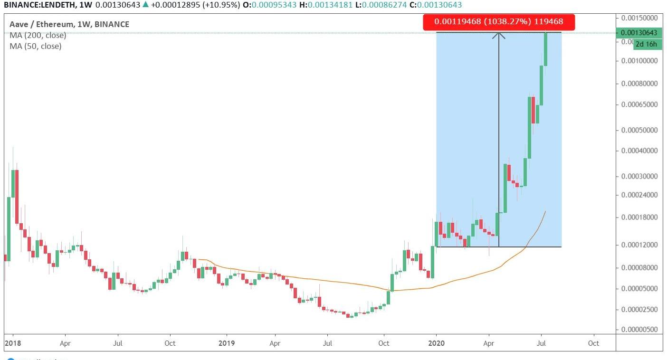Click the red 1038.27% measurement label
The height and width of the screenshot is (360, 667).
pyautogui.click(x=499, y=22)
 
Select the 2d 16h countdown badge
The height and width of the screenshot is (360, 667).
pyautogui.click(x=647, y=44)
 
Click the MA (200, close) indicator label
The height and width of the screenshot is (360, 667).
pyautogui.click(x=38, y=35)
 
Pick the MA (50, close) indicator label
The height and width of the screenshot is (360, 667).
pyautogui.click(x=36, y=46)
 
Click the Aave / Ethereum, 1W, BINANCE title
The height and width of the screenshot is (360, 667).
pyautogui.click(x=69, y=24)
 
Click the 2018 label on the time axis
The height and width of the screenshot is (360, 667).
pyautogui.click(x=12, y=343)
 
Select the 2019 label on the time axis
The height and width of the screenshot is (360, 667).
pyautogui.click(x=226, y=343)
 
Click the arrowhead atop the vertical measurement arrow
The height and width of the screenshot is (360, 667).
pyautogui.click(x=498, y=34)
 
